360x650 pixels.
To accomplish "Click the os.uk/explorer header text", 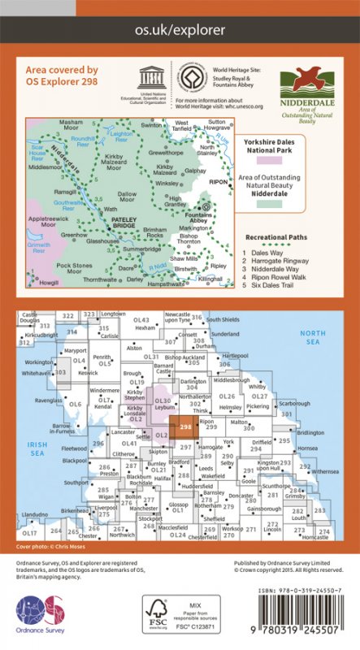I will click(x=180, y=30).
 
